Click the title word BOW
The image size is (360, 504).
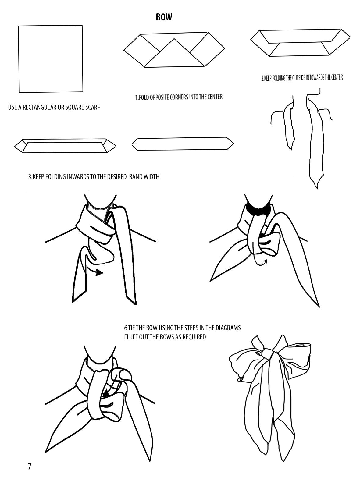pos(164,17)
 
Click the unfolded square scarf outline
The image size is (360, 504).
pos(50,59)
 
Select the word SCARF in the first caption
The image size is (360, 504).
pos(91,107)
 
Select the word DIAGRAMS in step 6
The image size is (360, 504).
pos(228,328)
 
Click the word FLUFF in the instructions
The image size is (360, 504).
pos(131,337)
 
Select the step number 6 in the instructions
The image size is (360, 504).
pos(125,328)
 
